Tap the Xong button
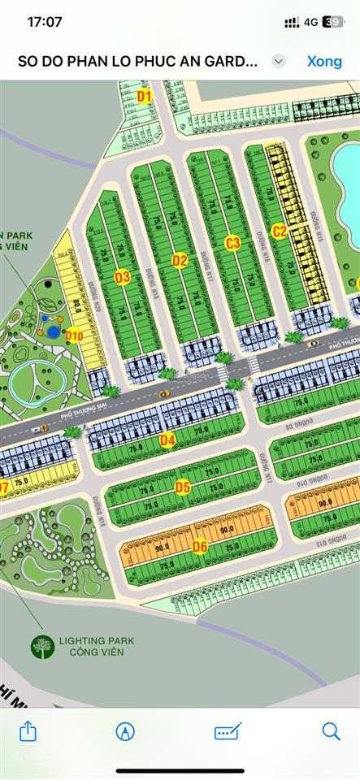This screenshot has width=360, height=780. pyautogui.click(x=324, y=61)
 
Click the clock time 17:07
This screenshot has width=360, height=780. pyautogui.click(x=45, y=22)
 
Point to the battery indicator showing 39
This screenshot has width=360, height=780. pyautogui.click(x=332, y=23)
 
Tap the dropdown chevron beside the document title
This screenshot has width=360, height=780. pyautogui.click(x=279, y=61)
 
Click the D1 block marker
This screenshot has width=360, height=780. pyautogui.click(x=145, y=97)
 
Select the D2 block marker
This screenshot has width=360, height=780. pyautogui.click(x=180, y=260)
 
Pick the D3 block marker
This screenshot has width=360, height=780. pyautogui.click(x=122, y=277)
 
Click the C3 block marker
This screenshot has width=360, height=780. pyautogui.click(x=232, y=242)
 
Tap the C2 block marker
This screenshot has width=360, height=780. pyautogui.click(x=279, y=231)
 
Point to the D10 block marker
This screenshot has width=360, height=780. pyautogui.click(x=75, y=335)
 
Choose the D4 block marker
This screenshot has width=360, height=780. pyautogui.click(x=167, y=440)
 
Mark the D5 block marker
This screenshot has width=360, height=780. pyautogui.click(x=183, y=487)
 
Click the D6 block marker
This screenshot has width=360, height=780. pyautogui.click(x=200, y=546)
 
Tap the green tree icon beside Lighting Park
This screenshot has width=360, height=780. pyautogui.click(x=41, y=647)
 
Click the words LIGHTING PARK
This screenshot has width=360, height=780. pyautogui.click(x=96, y=641)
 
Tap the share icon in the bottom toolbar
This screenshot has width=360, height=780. pyautogui.click(x=28, y=731)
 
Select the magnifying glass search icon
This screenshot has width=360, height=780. pyautogui.click(x=331, y=731)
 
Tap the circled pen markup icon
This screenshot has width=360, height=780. pyautogui.click(x=125, y=731)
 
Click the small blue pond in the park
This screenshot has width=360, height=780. pyautogui.click(x=54, y=331)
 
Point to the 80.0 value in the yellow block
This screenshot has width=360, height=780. pyautogui.click(x=77, y=306)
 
